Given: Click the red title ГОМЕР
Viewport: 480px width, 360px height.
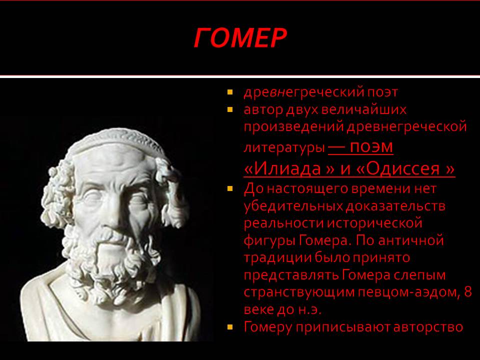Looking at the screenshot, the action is [240, 38].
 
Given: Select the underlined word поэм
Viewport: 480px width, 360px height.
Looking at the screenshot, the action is [371, 147].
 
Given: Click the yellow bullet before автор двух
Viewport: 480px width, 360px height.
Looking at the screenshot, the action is [230, 109].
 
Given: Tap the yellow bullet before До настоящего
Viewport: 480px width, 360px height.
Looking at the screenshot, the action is [230, 188].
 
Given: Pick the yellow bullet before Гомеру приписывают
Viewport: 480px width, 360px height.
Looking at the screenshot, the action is [230, 327].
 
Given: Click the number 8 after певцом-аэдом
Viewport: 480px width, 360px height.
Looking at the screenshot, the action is [468, 291].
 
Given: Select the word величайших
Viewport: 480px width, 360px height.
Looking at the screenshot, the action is [364, 109].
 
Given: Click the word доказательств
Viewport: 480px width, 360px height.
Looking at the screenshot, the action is [395, 206].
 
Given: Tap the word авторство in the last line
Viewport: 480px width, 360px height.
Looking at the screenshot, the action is [428, 327].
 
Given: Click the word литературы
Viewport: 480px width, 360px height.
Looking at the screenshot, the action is [284, 148].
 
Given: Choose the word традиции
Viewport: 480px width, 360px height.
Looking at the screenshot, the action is [277, 258].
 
